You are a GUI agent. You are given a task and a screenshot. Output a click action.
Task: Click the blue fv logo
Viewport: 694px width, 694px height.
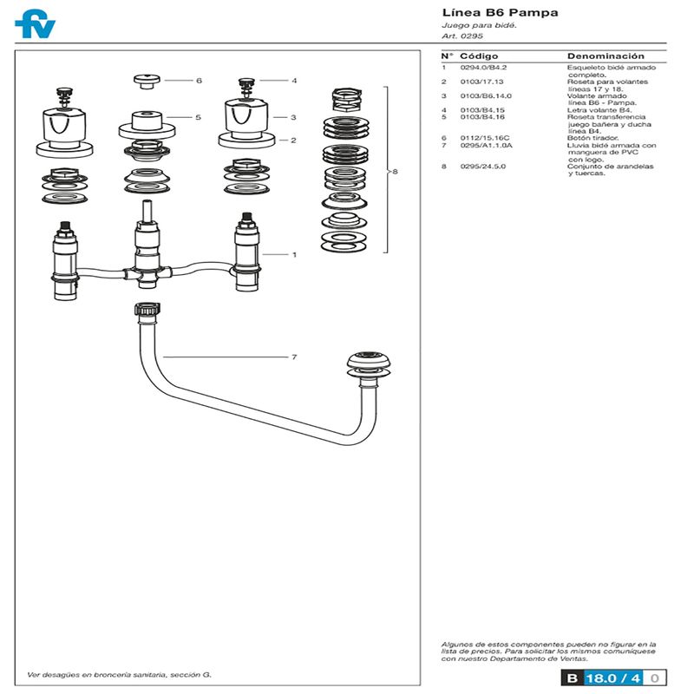(35, 23)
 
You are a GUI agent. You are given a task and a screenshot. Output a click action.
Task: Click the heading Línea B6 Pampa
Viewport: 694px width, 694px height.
(500, 12)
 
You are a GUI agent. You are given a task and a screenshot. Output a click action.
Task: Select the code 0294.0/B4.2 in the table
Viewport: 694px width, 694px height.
(483, 68)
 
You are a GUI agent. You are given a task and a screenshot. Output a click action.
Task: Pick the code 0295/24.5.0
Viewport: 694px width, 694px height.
(483, 167)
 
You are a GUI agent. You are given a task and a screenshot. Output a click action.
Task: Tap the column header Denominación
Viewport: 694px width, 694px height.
(606, 56)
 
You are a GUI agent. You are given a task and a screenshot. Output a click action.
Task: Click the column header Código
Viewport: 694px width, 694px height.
(479, 56)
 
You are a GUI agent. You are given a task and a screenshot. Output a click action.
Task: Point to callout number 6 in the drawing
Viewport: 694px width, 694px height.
(200, 81)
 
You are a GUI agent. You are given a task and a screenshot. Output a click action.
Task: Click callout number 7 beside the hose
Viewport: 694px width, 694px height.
(294, 357)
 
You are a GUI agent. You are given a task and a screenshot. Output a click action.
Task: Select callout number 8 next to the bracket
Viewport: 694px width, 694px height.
(396, 171)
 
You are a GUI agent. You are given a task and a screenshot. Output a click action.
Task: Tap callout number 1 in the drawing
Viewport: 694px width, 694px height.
(294, 254)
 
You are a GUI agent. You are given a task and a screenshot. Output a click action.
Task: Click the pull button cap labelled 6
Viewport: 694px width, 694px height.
(147, 82)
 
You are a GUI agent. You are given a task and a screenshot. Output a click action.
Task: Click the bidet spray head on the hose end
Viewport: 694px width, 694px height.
(369, 365)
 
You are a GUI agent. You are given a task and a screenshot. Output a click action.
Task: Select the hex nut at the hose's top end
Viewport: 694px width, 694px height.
(147, 310)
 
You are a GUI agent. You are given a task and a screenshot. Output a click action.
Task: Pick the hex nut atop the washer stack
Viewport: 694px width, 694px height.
(346, 100)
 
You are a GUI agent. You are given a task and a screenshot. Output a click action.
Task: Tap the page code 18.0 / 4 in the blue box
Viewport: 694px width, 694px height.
(613, 678)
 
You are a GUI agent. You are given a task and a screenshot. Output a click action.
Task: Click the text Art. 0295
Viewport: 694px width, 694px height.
(462, 36)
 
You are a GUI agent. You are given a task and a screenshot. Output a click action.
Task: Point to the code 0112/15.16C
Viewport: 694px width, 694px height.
(485, 138)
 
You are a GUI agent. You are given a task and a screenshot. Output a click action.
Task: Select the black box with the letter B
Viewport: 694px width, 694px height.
(573, 678)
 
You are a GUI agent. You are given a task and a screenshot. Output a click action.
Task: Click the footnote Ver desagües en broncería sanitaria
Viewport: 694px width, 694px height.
(119, 675)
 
